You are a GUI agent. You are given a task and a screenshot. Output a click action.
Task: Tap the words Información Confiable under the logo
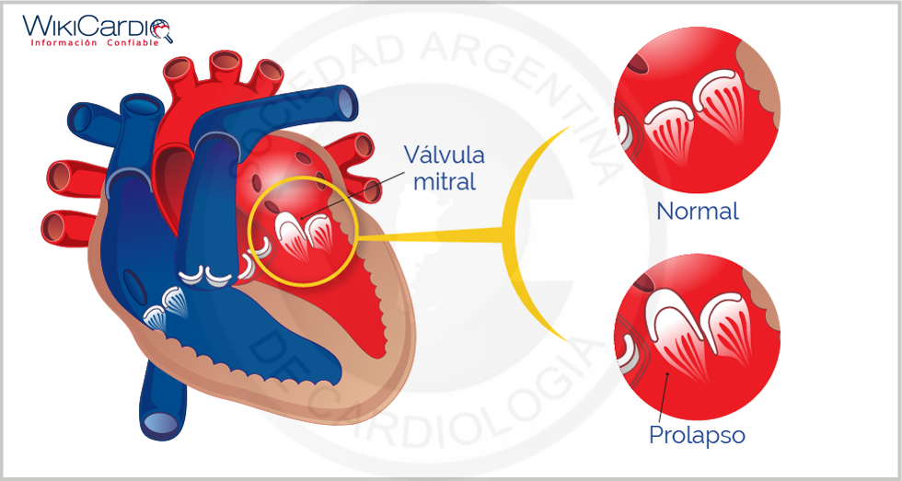tap(94, 42)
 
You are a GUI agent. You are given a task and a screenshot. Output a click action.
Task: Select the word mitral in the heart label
tap(445, 181)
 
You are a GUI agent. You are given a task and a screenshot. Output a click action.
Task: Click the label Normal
tap(697, 212)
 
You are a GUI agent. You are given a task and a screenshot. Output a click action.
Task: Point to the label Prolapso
tap(697, 434)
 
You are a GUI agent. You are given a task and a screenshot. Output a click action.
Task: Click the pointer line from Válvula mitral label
tap(358, 193)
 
